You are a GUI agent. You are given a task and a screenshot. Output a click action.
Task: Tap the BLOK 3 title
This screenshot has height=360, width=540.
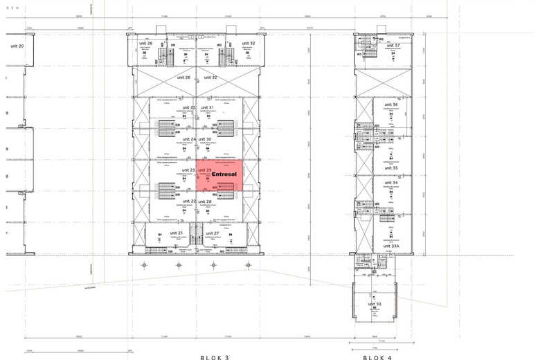[214, 357]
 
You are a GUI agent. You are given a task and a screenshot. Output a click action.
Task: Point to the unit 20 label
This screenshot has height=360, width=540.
[17, 46]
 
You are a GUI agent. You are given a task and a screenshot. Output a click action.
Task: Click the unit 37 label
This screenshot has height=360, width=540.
[393, 46]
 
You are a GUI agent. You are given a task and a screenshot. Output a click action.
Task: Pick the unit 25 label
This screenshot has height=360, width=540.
[188, 107]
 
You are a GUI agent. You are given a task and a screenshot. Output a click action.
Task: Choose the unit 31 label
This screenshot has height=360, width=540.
[206, 107]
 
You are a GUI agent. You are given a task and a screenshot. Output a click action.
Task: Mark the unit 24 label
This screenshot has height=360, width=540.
[188, 139]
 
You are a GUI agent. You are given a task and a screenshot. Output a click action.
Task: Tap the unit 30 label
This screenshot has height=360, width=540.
[205, 139]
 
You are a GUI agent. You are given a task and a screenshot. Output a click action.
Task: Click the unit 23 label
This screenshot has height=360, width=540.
[188, 170]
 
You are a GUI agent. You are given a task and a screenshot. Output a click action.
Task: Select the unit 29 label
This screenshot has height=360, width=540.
[205, 170]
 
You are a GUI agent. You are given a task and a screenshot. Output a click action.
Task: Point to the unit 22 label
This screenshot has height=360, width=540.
[188, 201]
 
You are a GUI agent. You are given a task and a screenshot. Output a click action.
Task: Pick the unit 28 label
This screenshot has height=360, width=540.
[205, 201]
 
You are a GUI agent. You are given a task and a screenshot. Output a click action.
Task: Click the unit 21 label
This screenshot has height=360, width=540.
[177, 233]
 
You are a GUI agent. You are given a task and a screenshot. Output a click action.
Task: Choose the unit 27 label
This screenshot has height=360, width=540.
[213, 233]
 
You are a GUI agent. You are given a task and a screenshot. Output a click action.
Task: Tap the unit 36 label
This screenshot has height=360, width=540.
[390, 105]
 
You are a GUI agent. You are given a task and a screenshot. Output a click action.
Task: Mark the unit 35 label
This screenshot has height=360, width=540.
[390, 168]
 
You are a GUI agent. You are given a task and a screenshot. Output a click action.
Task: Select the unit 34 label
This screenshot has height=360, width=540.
[390, 183]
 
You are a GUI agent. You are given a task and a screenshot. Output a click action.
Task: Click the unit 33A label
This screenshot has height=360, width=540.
[391, 245]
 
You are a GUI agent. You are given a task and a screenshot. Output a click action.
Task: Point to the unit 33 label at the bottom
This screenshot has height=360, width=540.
[375, 304]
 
